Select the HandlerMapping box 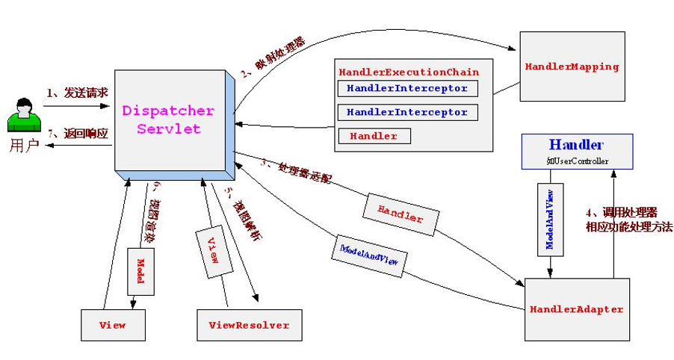(572, 66)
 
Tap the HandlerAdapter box (576, 308)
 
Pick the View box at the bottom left (112, 325)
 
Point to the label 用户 (23, 145)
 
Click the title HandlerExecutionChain (409, 72)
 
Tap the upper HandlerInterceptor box (407, 89)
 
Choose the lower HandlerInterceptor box (407, 113)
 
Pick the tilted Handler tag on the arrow (400, 213)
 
